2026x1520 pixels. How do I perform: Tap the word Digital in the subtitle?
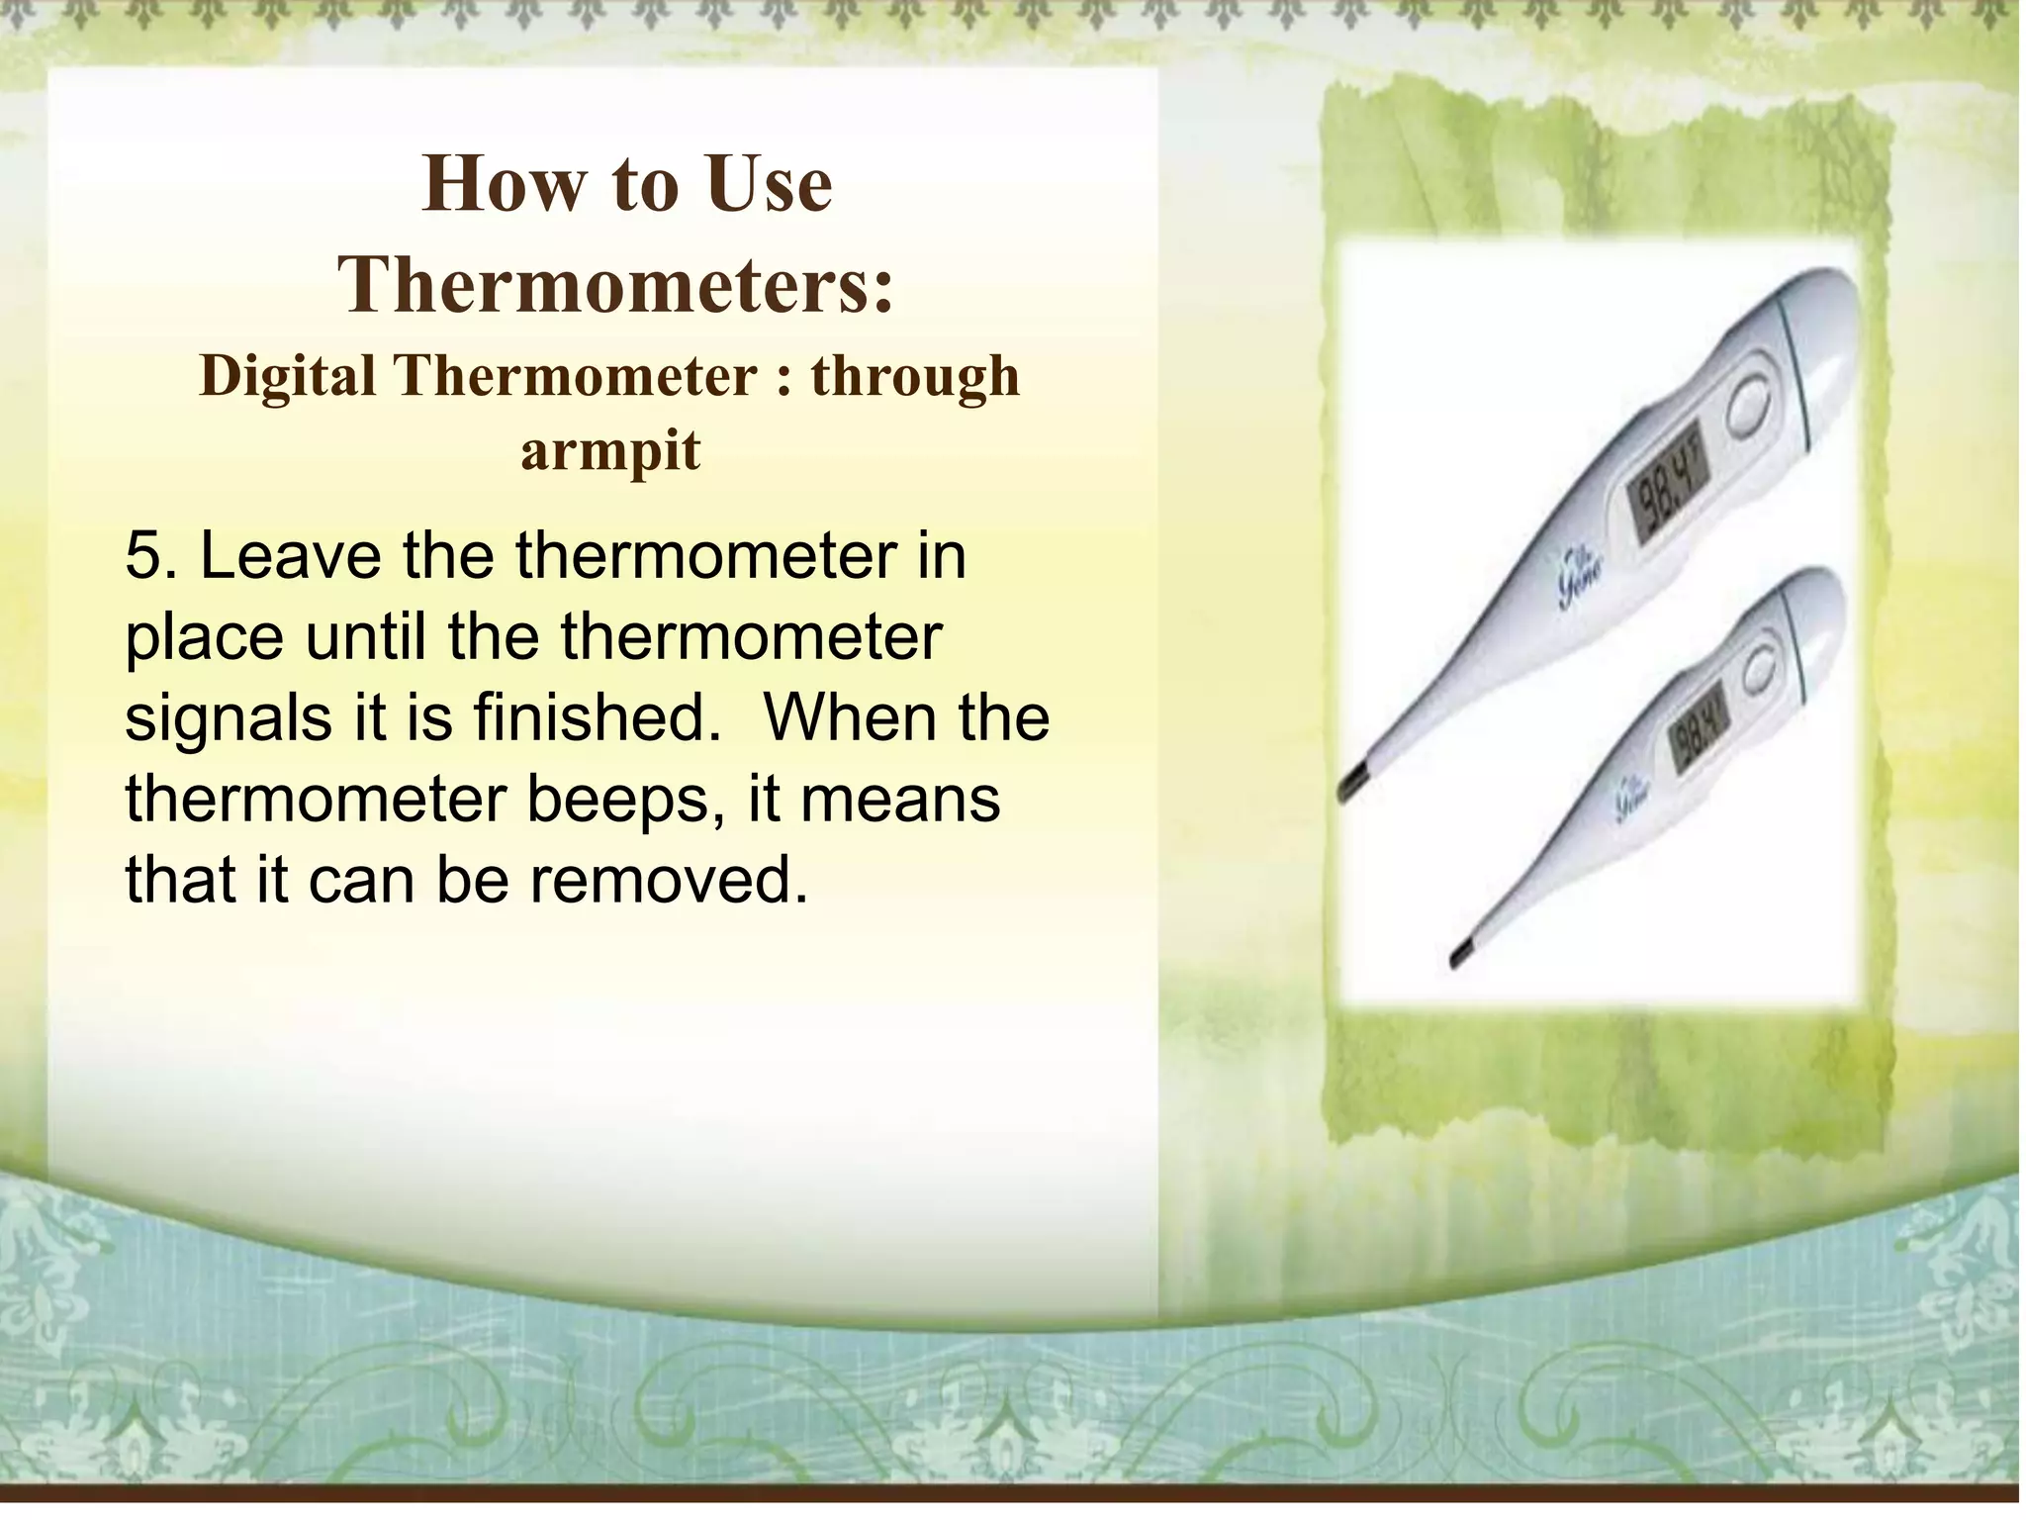tap(288, 377)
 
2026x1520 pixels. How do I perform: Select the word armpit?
tap(610, 451)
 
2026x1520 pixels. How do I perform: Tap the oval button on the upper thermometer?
tap(1751, 406)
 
